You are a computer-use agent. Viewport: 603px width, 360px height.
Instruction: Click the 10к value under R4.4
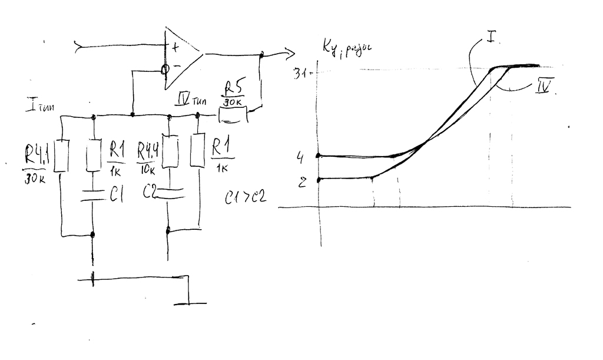(148, 171)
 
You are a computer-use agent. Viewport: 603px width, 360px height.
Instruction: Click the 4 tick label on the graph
(300, 158)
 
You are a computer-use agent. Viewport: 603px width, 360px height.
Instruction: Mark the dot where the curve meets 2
(319, 179)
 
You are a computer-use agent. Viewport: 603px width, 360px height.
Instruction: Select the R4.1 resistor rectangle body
(62, 156)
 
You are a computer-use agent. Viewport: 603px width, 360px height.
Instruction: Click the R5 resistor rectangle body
(233, 115)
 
